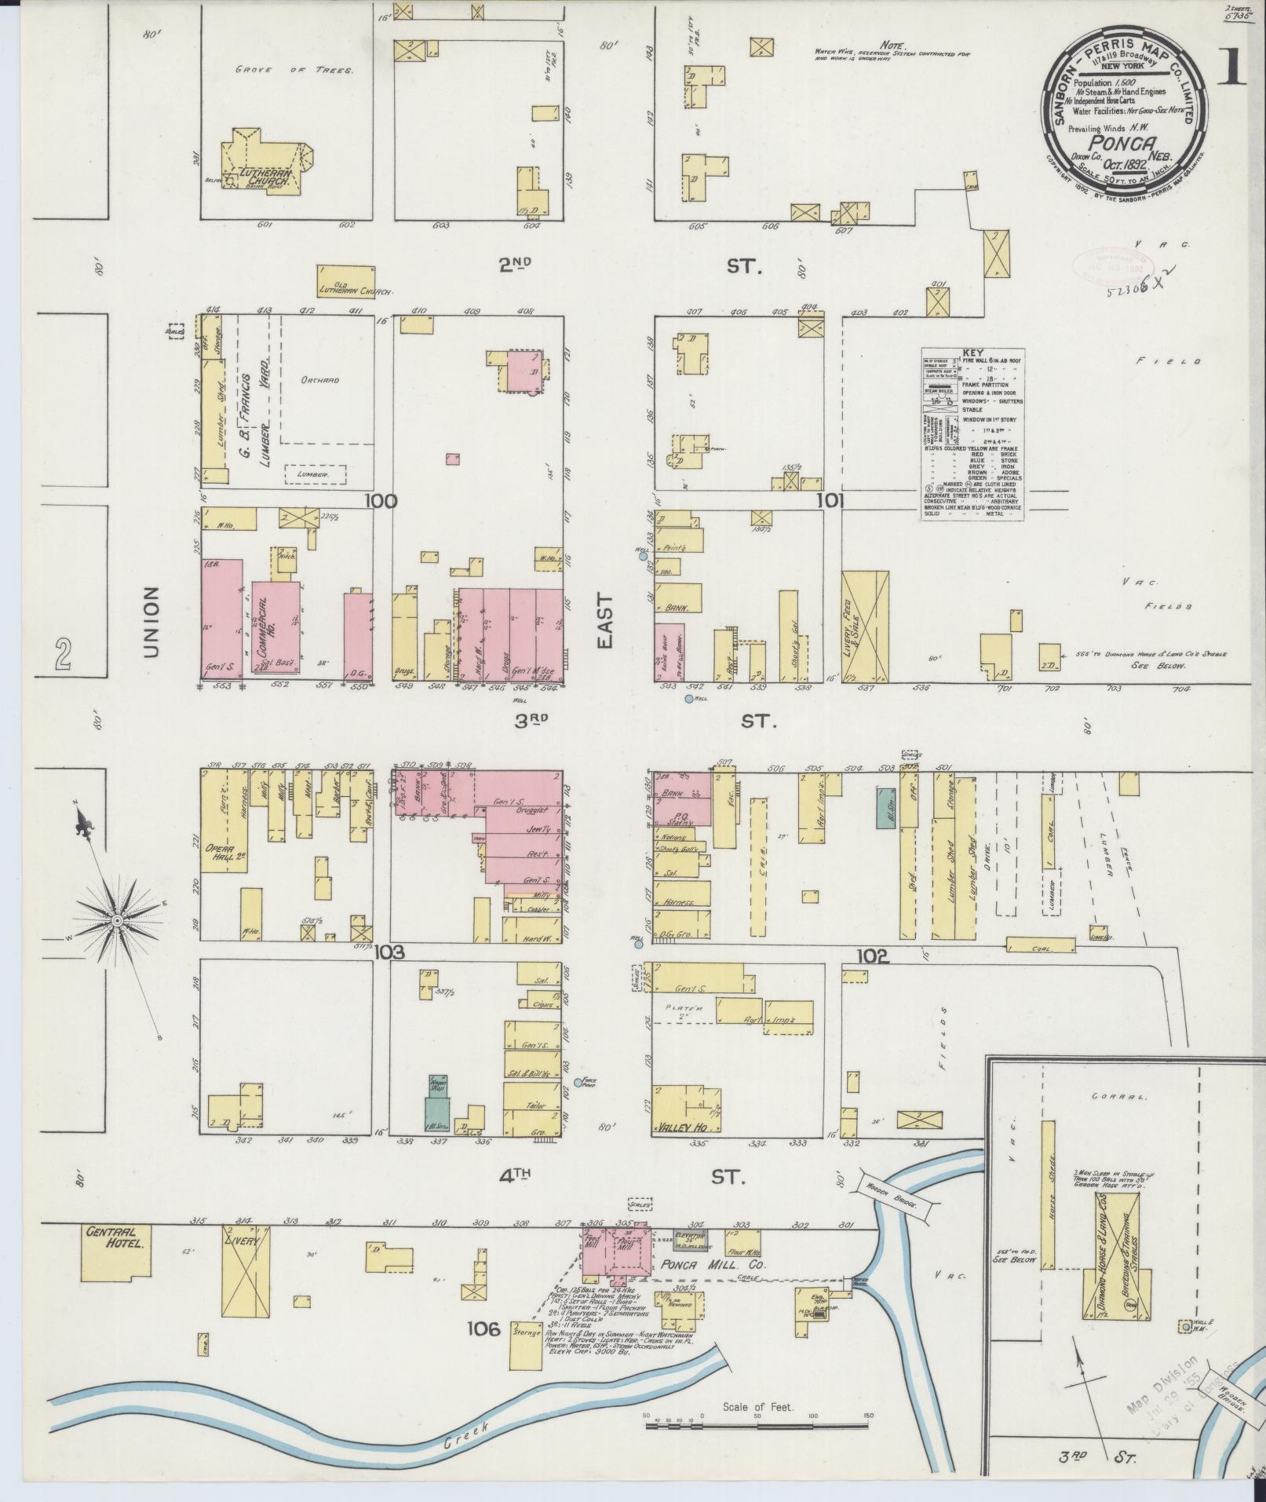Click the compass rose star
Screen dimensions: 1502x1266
tap(116, 919)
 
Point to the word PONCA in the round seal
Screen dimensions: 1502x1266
tap(1127, 144)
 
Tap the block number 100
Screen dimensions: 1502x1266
tap(381, 501)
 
